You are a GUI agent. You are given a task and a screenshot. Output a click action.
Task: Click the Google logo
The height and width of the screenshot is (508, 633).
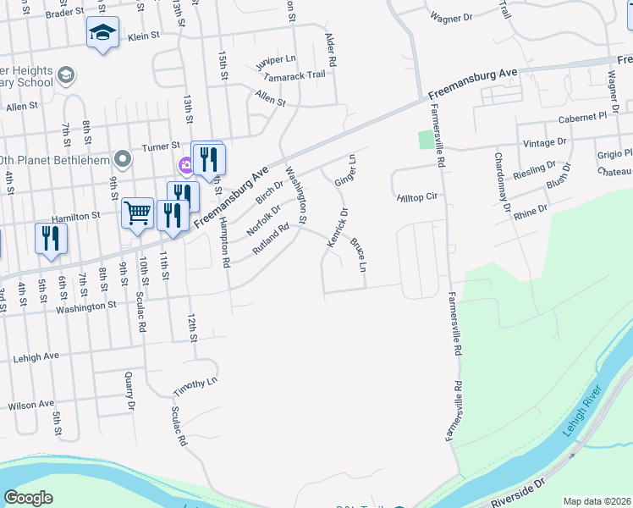click(28, 498)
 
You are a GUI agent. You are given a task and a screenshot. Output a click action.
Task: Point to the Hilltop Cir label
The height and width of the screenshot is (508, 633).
click(416, 197)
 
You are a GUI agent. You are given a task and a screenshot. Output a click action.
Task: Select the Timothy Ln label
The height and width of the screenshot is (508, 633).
click(195, 384)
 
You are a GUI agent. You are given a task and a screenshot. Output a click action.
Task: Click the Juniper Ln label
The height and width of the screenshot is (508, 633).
click(278, 59)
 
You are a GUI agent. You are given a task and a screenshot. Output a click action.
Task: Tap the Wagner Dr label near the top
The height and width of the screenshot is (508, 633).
click(451, 17)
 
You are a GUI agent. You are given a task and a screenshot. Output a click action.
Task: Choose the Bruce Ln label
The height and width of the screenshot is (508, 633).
click(359, 256)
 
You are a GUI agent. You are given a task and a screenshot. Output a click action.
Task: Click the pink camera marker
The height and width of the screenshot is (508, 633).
click(184, 164)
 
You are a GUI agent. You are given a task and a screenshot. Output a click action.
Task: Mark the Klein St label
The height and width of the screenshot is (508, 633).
click(144, 36)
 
